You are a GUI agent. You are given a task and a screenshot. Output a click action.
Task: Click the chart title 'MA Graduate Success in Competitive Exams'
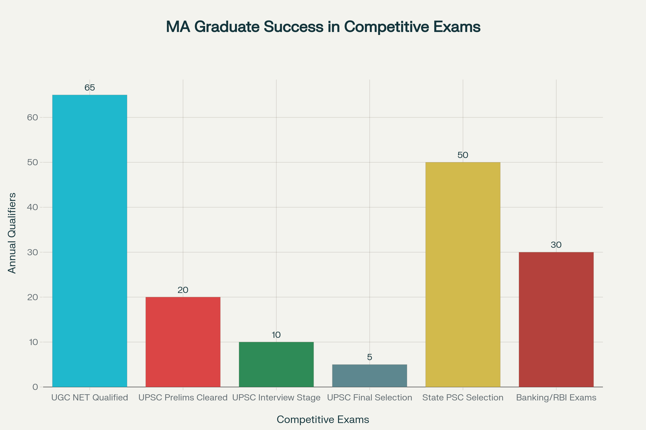tap(323, 27)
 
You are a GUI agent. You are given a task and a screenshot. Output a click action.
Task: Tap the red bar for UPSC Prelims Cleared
tap(183, 342)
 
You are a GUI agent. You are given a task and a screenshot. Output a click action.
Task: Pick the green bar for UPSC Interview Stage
tap(276, 364)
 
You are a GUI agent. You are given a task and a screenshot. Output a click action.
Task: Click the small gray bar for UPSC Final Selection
tap(369, 376)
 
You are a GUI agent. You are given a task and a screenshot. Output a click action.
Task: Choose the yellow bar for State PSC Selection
tap(463, 274)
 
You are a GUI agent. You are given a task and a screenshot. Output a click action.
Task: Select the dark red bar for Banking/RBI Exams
tap(556, 320)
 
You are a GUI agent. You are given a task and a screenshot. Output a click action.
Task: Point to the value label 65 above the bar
tap(90, 88)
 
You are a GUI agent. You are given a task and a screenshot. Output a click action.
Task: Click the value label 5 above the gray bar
tap(369, 357)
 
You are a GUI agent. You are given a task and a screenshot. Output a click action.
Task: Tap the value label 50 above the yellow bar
tap(463, 155)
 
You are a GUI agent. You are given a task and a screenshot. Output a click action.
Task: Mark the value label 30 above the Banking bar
tap(556, 245)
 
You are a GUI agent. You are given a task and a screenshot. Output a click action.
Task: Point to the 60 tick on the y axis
tap(32, 117)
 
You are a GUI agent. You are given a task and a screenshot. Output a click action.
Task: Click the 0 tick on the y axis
tap(35, 387)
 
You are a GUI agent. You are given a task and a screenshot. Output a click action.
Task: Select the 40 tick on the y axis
tap(32, 207)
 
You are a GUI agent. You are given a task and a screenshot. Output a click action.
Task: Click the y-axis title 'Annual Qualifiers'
tap(12, 233)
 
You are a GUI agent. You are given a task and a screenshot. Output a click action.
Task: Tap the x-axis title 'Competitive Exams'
tap(323, 420)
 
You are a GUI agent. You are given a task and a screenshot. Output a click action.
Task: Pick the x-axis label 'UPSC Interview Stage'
tap(276, 398)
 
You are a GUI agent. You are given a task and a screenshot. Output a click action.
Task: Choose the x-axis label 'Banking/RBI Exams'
tap(556, 398)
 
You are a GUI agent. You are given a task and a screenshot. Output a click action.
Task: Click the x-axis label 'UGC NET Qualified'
tap(90, 398)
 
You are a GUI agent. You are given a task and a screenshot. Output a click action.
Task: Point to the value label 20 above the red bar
tap(183, 290)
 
